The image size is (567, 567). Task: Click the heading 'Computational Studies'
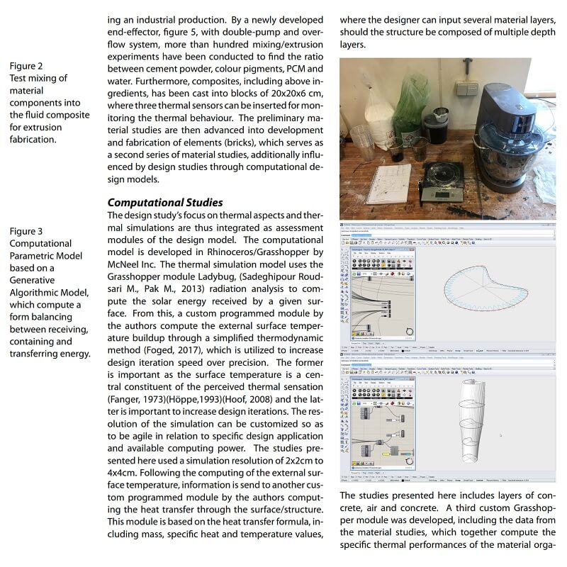pyautogui.click(x=164, y=203)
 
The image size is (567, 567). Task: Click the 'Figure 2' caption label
pyautogui.click(x=26, y=66)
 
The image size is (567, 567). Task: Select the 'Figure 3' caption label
pyautogui.click(x=26, y=231)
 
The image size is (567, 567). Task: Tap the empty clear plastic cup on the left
pyautogui.click(x=363, y=142)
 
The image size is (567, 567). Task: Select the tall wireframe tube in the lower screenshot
pyautogui.click(x=475, y=418)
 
